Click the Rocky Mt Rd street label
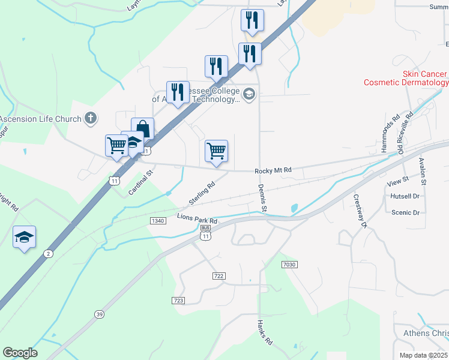pos(273,171)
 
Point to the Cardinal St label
pos(141,183)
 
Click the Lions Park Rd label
pos(196,218)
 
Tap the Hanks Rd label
pos(265,332)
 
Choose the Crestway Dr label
pos(360,211)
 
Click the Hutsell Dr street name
pos(405,196)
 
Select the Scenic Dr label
pos(405,212)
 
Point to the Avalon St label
pos(423,170)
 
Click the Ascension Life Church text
pos(40,118)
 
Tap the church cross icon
pos(90,118)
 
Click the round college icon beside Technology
pos(249,94)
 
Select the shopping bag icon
pos(142,128)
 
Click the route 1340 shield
pos(158,221)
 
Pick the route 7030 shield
pos(289,264)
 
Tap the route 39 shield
pos(98,314)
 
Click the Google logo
pos(20,353)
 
